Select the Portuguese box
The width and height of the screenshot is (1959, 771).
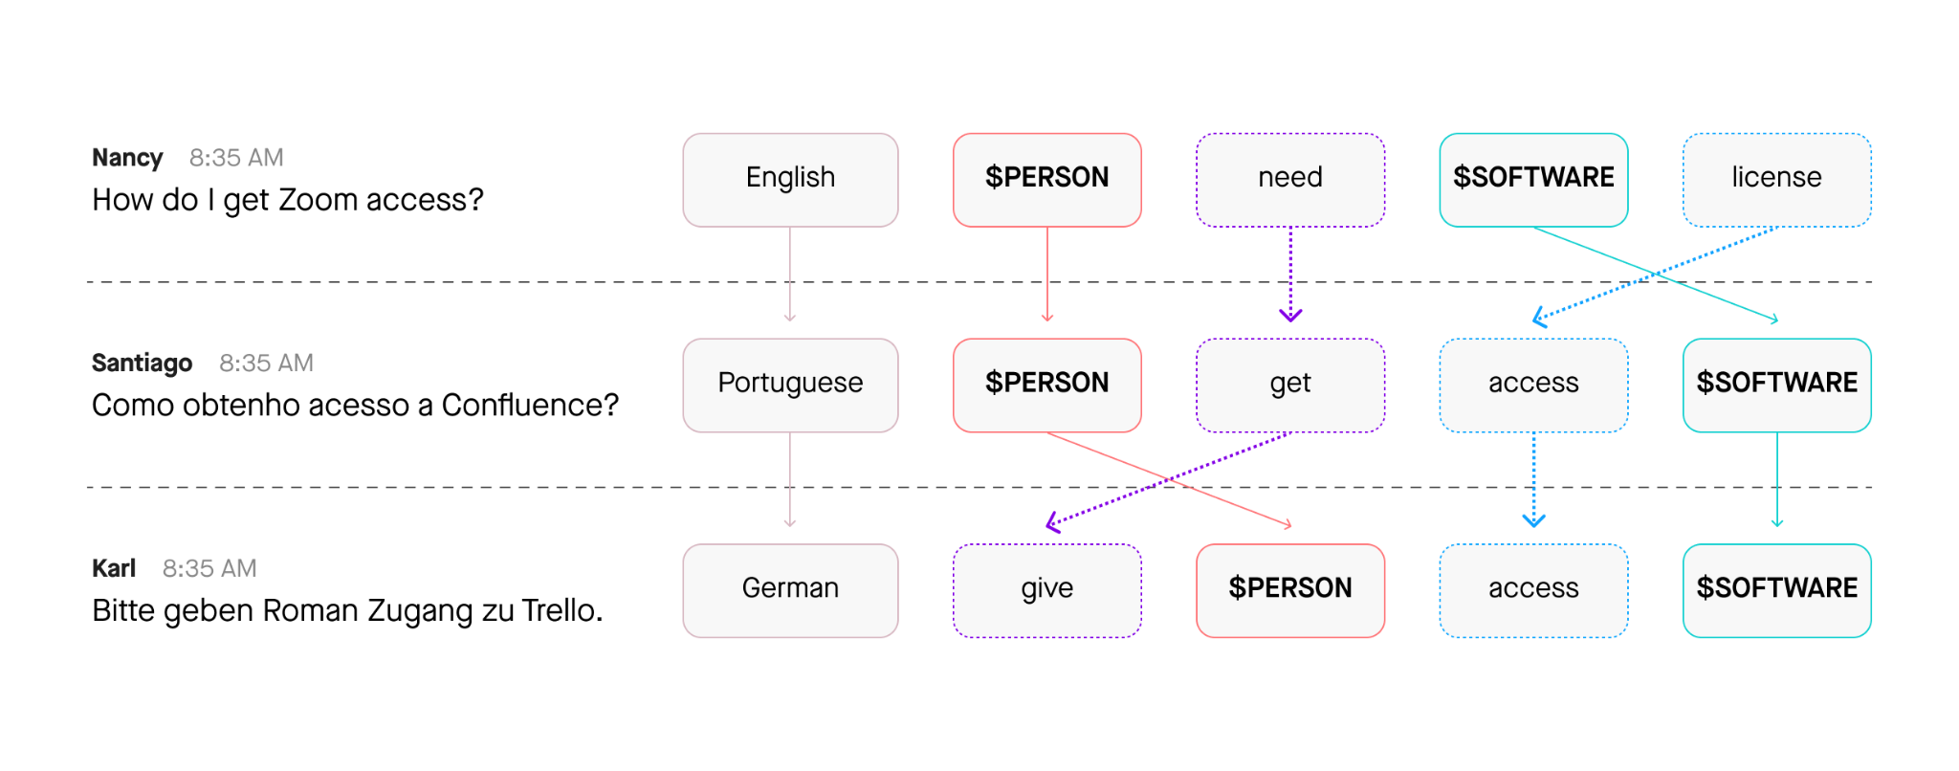tap(790, 385)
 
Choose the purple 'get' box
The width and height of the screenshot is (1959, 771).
tap(1289, 385)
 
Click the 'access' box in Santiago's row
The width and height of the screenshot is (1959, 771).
tap(1533, 385)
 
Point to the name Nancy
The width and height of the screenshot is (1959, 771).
tap(127, 158)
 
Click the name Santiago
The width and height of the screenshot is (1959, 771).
tap(142, 363)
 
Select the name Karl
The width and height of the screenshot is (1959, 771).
tap(114, 568)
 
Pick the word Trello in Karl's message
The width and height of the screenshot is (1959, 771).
tap(562, 610)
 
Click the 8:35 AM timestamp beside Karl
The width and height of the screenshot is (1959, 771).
tap(209, 568)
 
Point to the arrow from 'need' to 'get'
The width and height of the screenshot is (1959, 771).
tap(1290, 274)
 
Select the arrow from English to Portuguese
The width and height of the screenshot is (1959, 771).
tap(790, 274)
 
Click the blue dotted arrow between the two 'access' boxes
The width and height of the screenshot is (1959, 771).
tap(1533, 478)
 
